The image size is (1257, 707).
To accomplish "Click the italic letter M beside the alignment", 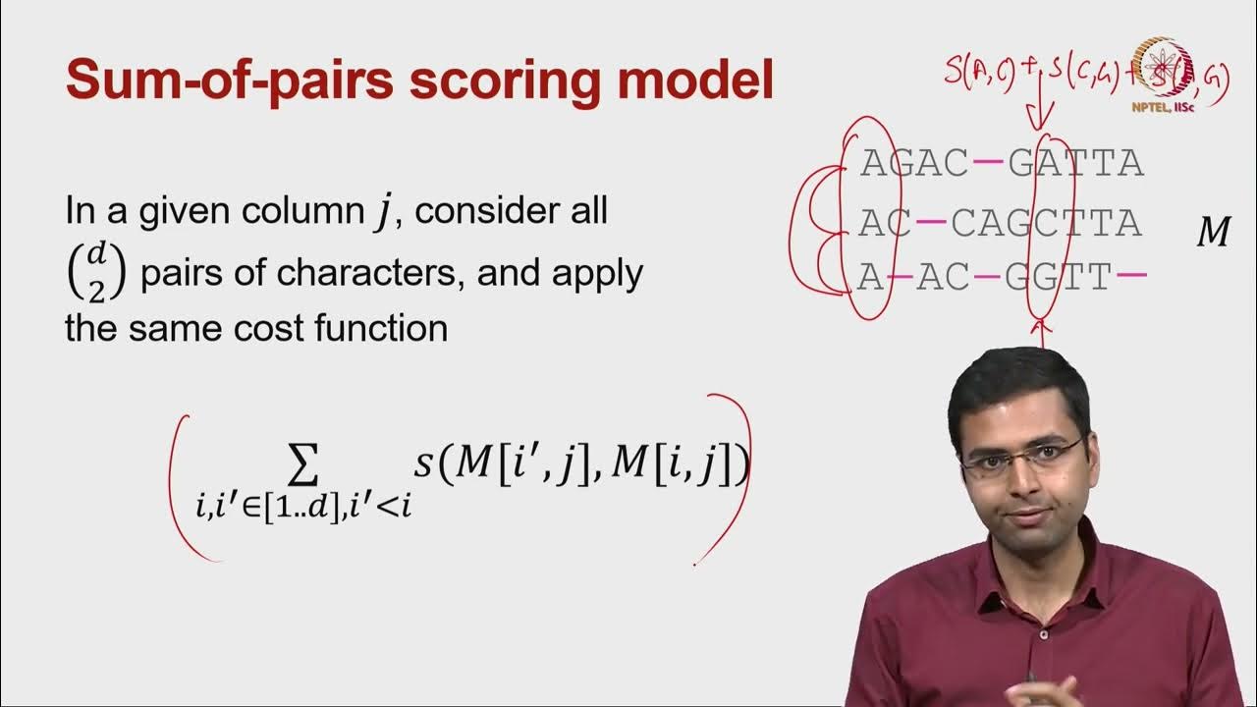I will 1214,234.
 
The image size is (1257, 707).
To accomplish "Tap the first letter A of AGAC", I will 872,163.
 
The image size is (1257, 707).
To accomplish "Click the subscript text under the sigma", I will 303,508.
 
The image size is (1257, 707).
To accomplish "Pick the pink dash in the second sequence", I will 931,224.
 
